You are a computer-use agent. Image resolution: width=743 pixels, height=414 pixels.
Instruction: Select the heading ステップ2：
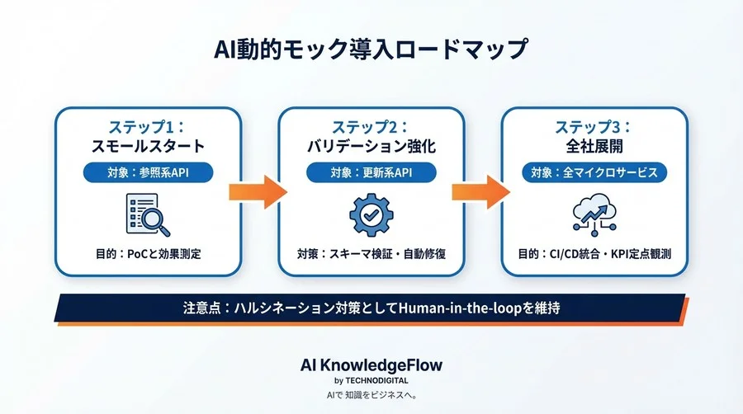pos(371,127)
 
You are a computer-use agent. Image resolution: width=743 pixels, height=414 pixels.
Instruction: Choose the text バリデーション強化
pos(371,148)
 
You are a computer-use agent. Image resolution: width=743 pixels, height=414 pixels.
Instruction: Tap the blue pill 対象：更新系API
pos(371,172)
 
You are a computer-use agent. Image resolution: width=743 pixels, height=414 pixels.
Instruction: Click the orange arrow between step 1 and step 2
pos(258,191)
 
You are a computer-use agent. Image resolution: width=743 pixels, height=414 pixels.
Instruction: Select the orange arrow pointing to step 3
pos(482,191)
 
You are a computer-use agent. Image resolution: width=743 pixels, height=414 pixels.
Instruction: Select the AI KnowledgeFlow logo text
pos(371,365)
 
